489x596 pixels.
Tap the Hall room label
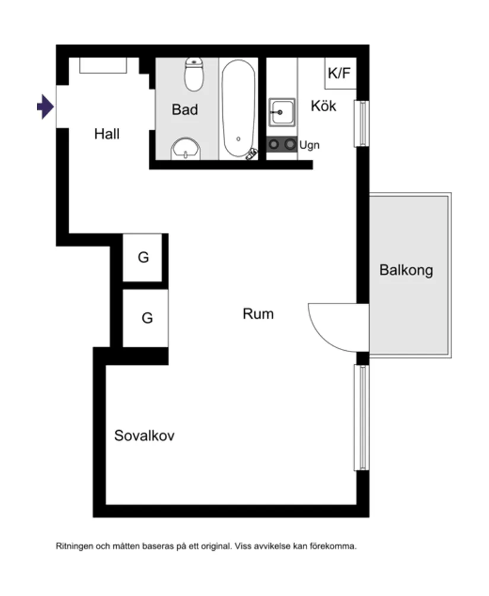pos(107,134)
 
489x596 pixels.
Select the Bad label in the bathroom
pos(185,110)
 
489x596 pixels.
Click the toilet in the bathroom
pos(194,73)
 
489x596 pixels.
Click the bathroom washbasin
pos(187,149)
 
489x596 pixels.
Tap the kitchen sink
pos(281,112)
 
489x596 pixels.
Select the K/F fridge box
pos(340,73)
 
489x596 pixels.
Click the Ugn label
pos(309,145)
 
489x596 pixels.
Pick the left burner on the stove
pos(274,144)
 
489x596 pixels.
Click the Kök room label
pos(324,106)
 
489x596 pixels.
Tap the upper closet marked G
pos(143,258)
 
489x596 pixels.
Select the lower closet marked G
pos(146,318)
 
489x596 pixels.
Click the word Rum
pos(258,313)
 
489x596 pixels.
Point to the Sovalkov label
pos(144,436)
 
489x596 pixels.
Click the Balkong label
pos(406,271)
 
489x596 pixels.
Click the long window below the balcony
pos(360,417)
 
